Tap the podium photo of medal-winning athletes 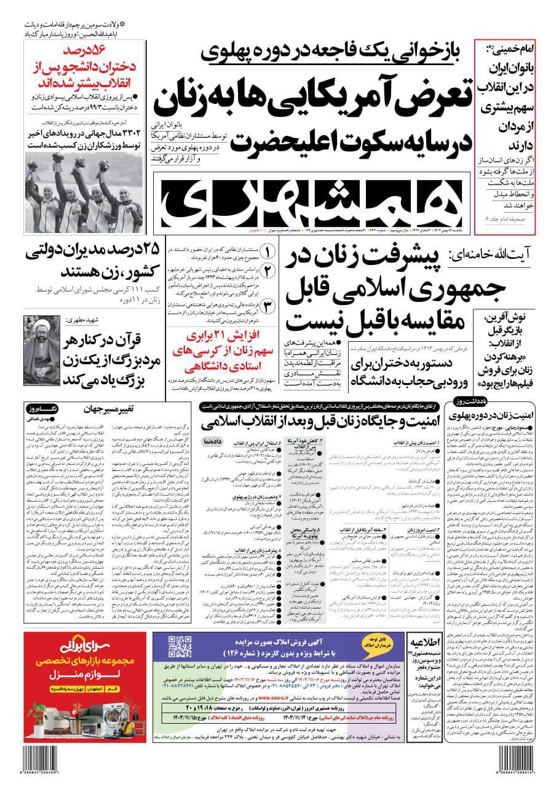click(84, 190)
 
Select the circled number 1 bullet click(269, 252)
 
